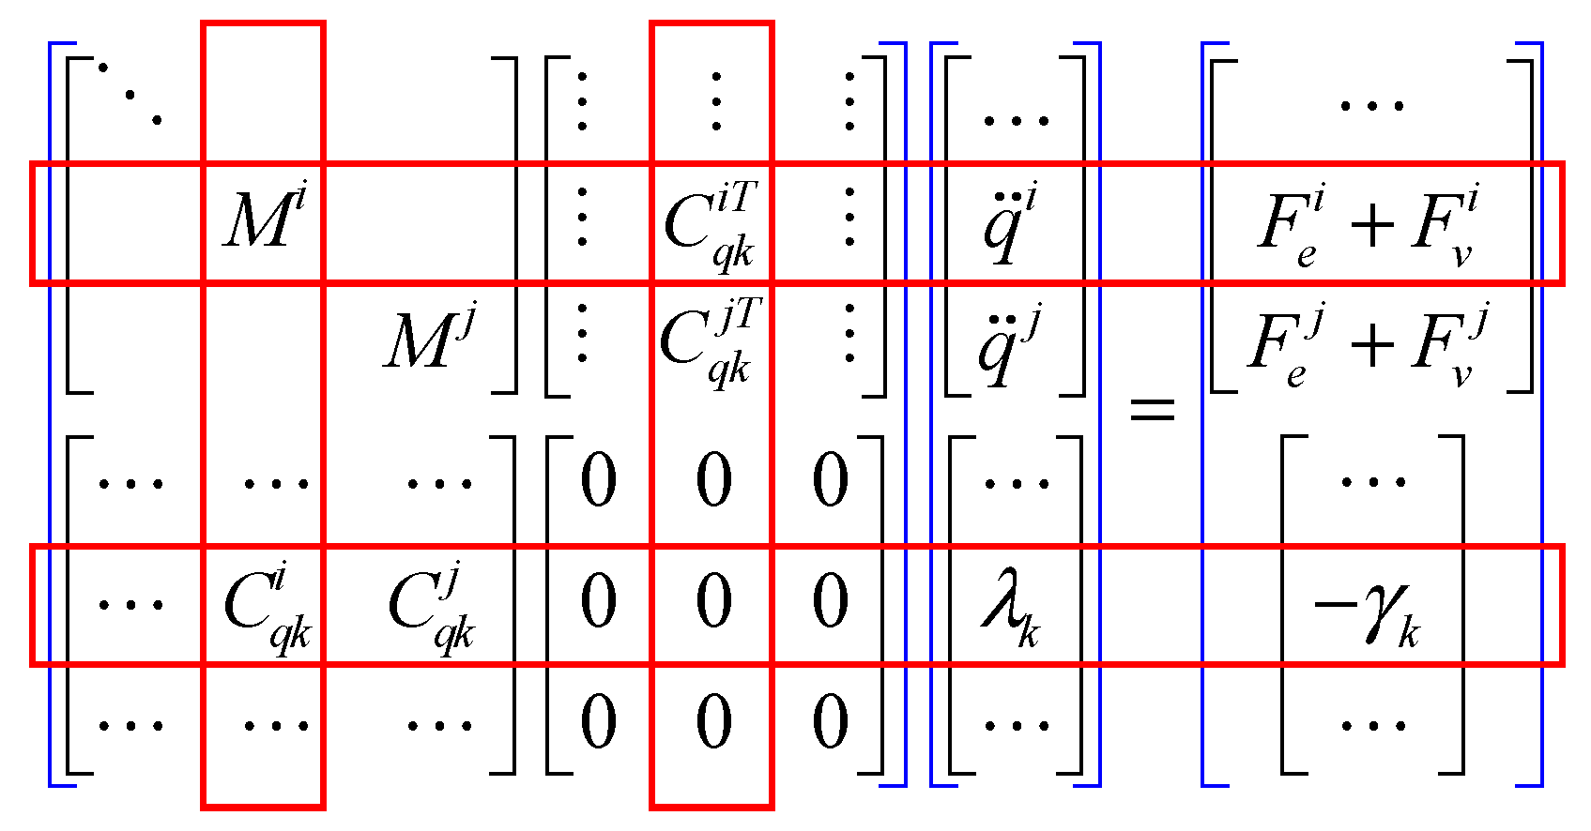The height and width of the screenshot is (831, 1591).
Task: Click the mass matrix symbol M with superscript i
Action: pos(264,220)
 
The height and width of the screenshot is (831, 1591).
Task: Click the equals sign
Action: pos(1151,409)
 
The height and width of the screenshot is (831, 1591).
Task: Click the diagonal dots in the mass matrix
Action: pos(130,94)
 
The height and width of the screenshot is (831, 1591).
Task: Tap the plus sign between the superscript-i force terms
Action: pos(1372,226)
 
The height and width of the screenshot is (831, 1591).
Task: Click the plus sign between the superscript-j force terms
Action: pos(1372,344)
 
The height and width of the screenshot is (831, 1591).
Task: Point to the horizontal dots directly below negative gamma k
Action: pos(1373,725)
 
